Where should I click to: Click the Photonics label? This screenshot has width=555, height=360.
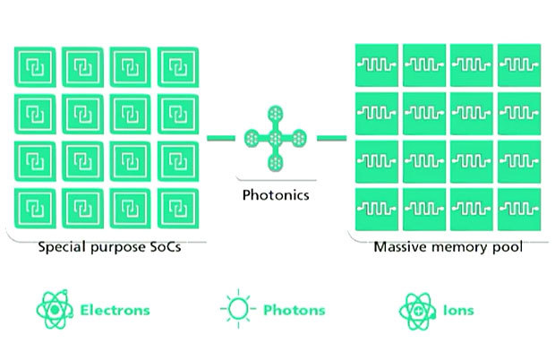pyautogui.click(x=277, y=193)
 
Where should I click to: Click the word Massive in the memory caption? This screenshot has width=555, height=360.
pyautogui.click(x=398, y=247)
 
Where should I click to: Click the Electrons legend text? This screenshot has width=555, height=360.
pyautogui.click(x=114, y=311)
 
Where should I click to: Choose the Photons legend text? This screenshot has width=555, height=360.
pyautogui.click(x=293, y=311)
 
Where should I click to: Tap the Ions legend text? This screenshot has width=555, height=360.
pyautogui.click(x=457, y=311)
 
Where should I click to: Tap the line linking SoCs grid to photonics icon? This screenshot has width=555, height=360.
pyautogui.click(x=220, y=138)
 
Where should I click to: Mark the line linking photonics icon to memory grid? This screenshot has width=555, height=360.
pyautogui.click(x=330, y=138)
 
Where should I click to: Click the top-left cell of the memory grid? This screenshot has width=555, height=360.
pyautogui.click(x=377, y=64)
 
